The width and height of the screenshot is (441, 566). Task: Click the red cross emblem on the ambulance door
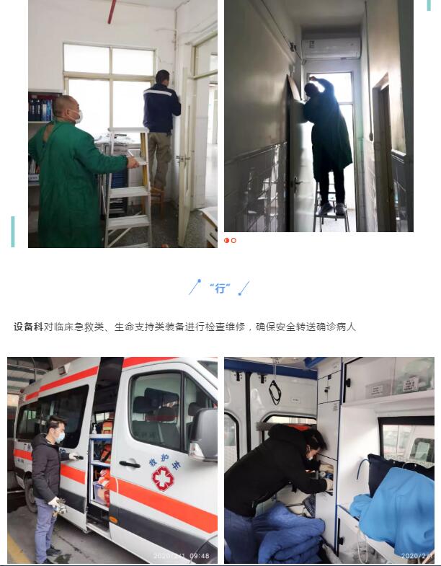click(163, 479)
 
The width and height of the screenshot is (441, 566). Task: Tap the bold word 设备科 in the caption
click(29, 327)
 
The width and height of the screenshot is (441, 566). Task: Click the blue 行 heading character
click(220, 288)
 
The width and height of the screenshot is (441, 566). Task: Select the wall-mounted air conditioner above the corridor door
click(331, 48)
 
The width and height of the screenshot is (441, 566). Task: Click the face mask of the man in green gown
click(79, 116)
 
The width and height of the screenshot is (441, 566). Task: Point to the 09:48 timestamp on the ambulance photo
click(199, 556)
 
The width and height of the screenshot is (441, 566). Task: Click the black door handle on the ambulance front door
click(130, 464)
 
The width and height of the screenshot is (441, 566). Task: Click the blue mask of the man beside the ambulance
click(61, 437)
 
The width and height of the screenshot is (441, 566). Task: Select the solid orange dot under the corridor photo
click(227, 240)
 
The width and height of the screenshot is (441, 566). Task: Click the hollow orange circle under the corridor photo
click(233, 240)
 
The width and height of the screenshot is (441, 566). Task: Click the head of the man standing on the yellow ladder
click(162, 77)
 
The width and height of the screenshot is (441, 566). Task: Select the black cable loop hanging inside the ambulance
click(275, 392)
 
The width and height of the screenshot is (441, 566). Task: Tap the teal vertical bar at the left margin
click(13, 231)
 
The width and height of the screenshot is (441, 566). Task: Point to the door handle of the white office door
click(182, 159)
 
